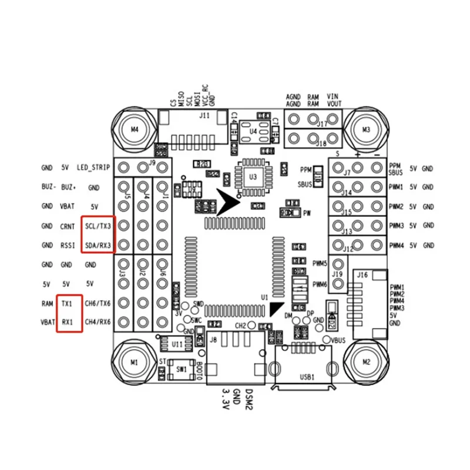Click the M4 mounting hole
[135, 129]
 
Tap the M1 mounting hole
[135, 361]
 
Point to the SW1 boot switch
[182, 370]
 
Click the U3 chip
[253, 176]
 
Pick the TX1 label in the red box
[68, 303]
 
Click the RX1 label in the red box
[68, 322]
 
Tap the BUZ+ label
[69, 187]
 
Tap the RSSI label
[69, 245]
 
